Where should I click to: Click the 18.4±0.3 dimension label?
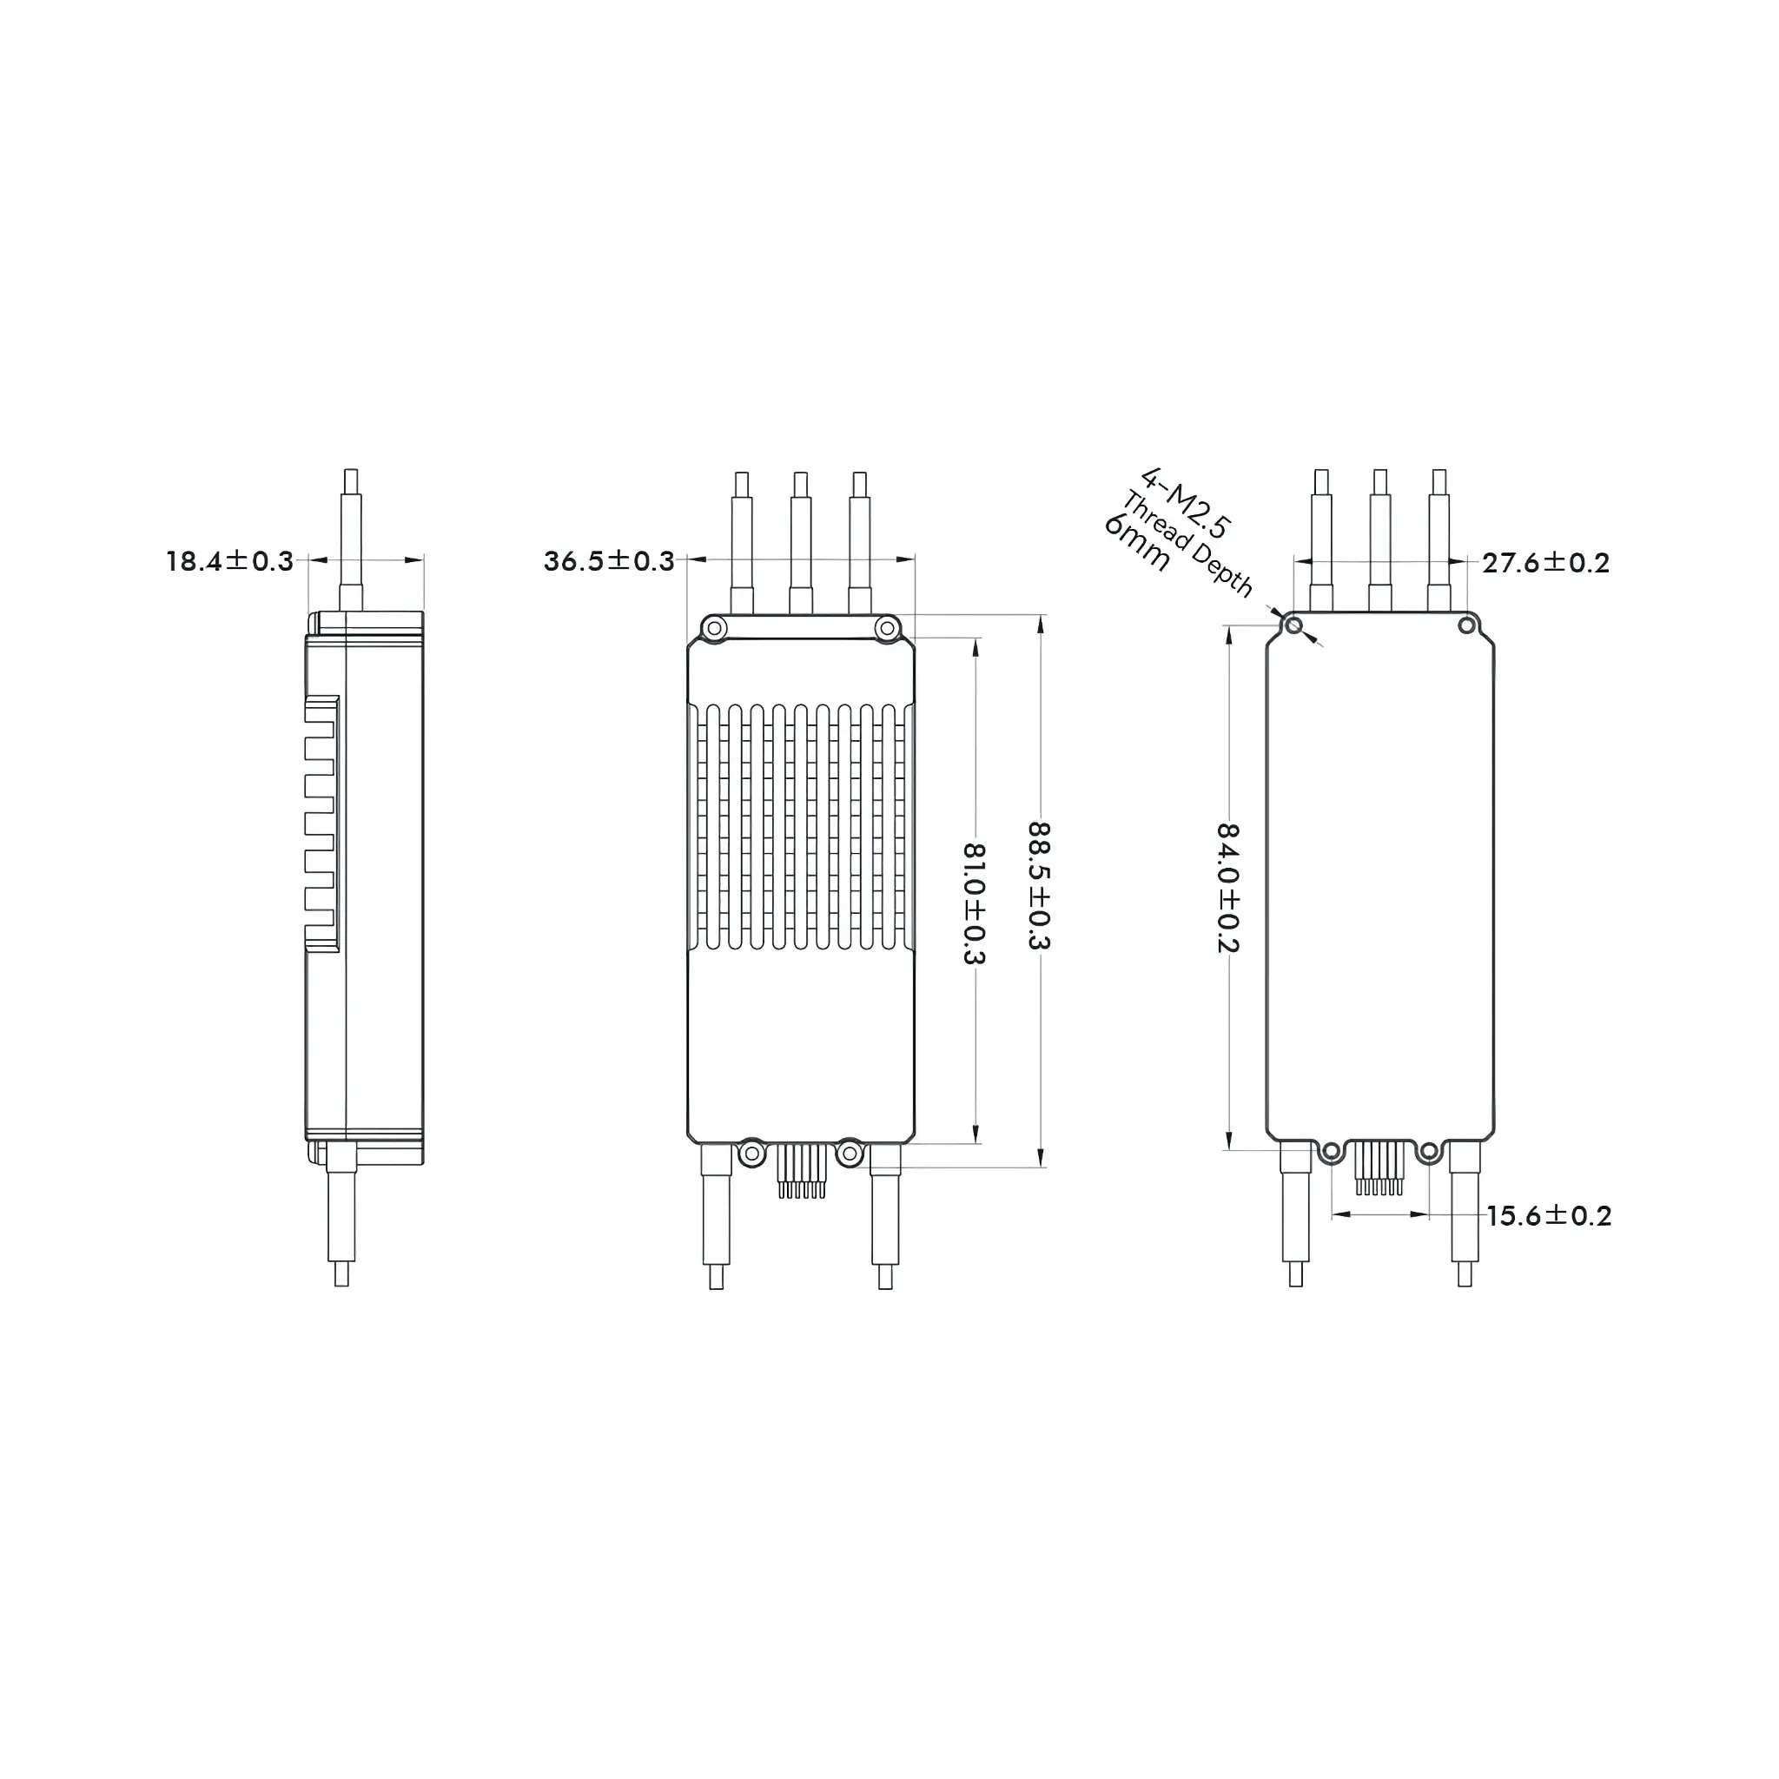pyautogui.click(x=229, y=561)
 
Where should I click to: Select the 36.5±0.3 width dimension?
pyautogui.click(x=609, y=561)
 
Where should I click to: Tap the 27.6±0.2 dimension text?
pyautogui.click(x=1546, y=563)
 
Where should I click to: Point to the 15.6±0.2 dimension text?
pyautogui.click(x=1549, y=1216)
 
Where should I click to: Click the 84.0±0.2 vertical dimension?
pyautogui.click(x=1228, y=888)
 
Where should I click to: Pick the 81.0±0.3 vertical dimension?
pyautogui.click(x=975, y=903)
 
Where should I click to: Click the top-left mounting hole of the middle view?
pyautogui.click(x=714, y=629)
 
